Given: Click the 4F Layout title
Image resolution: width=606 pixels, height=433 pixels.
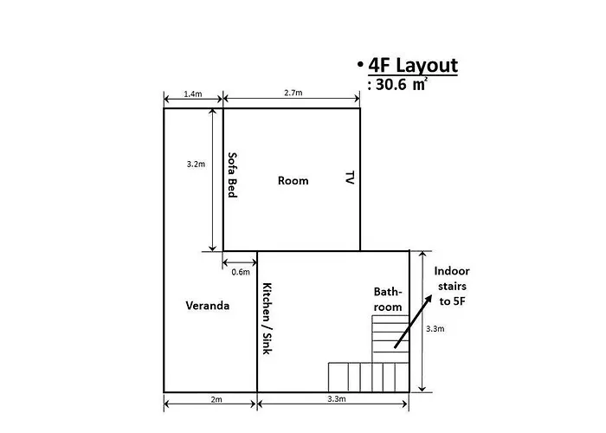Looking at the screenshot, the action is tap(413, 65).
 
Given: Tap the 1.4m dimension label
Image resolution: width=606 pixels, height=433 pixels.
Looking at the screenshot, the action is tap(193, 94).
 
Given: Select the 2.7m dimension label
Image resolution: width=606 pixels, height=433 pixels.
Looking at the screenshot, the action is tap(293, 93).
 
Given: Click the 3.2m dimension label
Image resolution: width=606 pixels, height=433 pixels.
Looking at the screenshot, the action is tap(196, 164).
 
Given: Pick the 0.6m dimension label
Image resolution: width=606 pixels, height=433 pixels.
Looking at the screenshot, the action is tap(241, 272).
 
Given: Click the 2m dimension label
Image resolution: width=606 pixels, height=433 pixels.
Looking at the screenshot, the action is tap(216, 399).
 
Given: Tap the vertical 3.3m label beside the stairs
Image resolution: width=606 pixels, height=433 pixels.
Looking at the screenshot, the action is tap(435, 329).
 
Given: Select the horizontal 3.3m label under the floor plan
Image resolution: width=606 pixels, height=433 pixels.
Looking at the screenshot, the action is tap(337, 399).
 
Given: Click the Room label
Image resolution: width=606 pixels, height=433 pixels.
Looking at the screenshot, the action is tap(293, 180).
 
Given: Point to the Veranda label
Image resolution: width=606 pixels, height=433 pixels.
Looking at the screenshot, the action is tap(208, 306).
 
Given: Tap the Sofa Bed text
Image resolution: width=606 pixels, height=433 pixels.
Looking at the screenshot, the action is tap(232, 175).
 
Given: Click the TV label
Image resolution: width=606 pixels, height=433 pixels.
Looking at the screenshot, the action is tap(350, 178).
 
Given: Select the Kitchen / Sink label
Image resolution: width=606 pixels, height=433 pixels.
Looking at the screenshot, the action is tap(267, 319).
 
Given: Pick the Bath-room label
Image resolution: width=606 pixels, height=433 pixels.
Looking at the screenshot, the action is tap(388, 300).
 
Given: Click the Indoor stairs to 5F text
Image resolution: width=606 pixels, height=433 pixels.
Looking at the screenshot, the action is tap(452, 286).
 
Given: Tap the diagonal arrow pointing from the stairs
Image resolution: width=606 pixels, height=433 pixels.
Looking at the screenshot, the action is tap(413, 321).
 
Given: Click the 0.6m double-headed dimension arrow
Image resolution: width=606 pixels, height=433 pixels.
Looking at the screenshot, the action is tap(240, 263).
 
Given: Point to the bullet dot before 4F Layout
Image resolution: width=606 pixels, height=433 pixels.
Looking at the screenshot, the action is tap(360, 64).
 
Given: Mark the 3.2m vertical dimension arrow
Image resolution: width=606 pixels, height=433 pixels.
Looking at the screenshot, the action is tap(212, 180).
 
